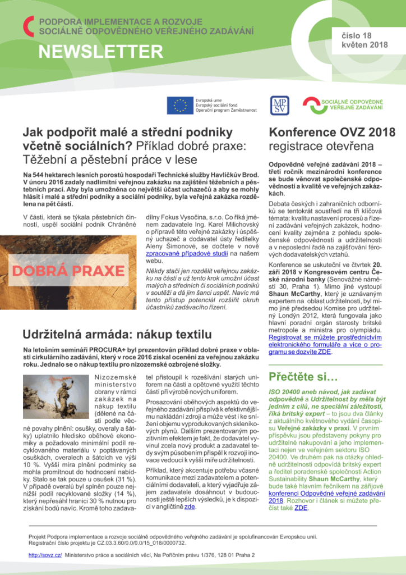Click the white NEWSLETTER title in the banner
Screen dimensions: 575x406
point(100,52)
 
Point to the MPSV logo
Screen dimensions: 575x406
point(279,105)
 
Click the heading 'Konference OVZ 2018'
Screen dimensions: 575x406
point(332,133)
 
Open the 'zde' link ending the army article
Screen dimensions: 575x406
point(191,506)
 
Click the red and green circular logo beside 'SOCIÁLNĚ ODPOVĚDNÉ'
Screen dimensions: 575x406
point(311,105)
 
